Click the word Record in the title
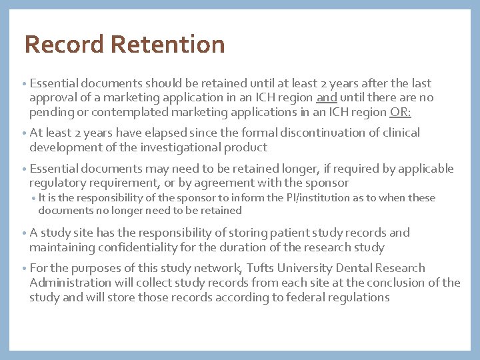click(64, 45)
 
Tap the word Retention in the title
click(168, 45)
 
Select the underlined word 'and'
click(327, 98)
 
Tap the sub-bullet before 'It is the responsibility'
click(34, 199)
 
